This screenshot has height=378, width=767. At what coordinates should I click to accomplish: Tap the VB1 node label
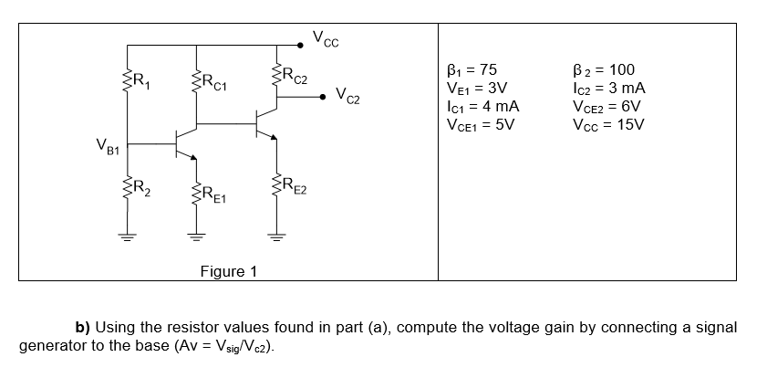point(107,144)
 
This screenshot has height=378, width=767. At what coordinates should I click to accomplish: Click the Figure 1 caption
point(229,271)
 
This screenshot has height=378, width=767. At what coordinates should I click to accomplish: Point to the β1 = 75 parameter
point(471,70)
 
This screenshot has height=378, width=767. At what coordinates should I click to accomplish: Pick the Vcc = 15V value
point(606,124)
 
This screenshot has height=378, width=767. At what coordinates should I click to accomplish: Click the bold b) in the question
point(83,328)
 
